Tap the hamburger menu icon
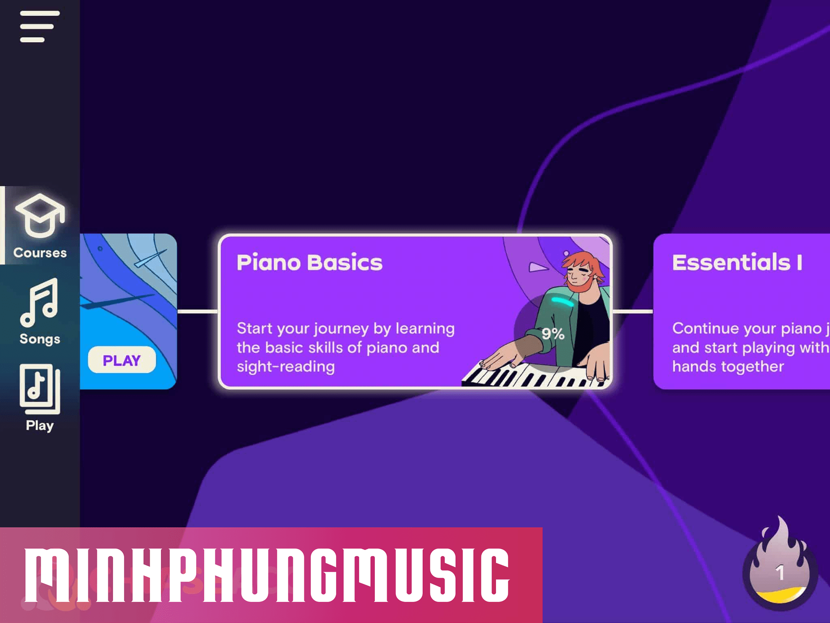pyautogui.click(x=40, y=26)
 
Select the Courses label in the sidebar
pyautogui.click(x=40, y=253)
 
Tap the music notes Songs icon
pyautogui.click(x=39, y=302)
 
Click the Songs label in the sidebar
pyautogui.click(x=40, y=339)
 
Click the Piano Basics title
pyautogui.click(x=309, y=262)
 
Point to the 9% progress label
pyautogui.click(x=553, y=334)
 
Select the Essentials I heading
pyautogui.click(x=737, y=262)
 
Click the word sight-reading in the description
pyautogui.click(x=286, y=367)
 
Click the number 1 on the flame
pyautogui.click(x=780, y=573)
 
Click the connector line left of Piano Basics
pyautogui.click(x=198, y=311)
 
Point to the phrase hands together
pyautogui.click(x=728, y=367)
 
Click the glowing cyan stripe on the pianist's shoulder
pyautogui.click(x=563, y=301)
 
